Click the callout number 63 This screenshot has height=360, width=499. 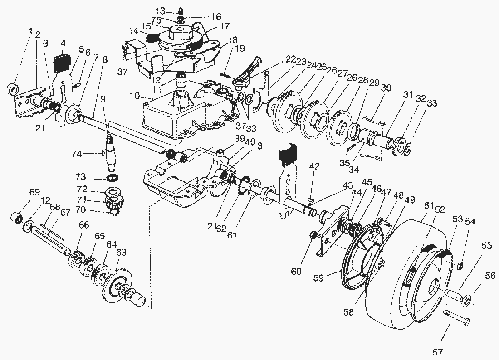pyautogui.click(x=122, y=252)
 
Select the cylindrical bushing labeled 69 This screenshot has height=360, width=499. pyautogui.click(x=17, y=217)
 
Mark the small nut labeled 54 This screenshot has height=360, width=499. pyautogui.click(x=459, y=265)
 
